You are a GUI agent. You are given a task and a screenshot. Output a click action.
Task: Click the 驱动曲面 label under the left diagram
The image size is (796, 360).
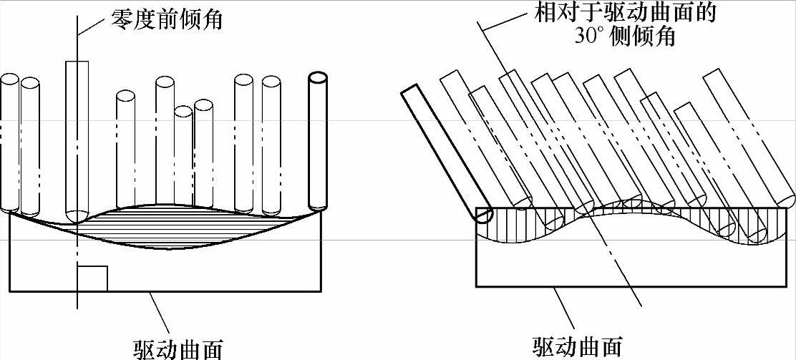(178, 349)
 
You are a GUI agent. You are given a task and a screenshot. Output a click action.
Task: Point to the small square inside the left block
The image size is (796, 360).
(92, 278)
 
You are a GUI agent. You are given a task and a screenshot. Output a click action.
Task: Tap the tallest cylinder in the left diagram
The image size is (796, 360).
(77, 136)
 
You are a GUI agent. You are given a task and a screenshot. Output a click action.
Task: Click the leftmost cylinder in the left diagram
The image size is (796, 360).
(9, 143)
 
